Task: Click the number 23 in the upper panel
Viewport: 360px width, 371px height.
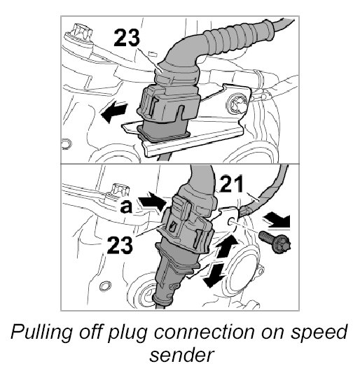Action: [x=127, y=37]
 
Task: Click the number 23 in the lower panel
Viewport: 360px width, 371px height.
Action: [x=120, y=245]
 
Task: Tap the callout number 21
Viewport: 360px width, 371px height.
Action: [x=231, y=183]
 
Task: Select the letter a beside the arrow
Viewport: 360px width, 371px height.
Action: [x=126, y=206]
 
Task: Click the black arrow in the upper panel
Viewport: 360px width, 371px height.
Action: [x=114, y=112]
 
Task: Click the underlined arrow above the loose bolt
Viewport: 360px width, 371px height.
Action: [x=277, y=220]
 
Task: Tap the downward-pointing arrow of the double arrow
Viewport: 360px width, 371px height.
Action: [x=215, y=274]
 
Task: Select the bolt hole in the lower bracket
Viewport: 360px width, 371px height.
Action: [x=230, y=221]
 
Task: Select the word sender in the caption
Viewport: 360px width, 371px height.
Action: [x=182, y=355]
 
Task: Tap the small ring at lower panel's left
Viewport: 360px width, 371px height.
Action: [x=105, y=286]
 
